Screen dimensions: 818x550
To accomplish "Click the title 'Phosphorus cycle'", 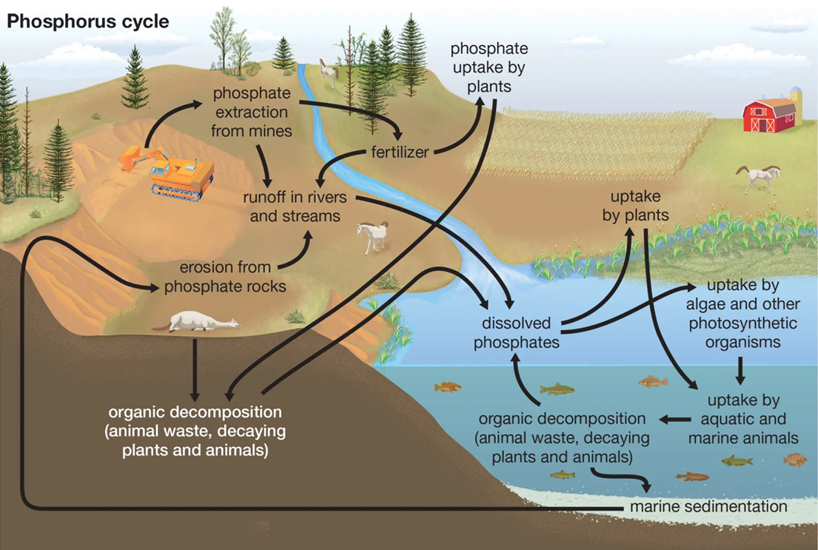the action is [x=87, y=21].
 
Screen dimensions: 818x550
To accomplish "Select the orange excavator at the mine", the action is [x=167, y=172].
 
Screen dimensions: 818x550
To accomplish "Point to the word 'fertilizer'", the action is [x=400, y=152].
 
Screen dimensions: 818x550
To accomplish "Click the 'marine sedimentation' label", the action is [x=708, y=506].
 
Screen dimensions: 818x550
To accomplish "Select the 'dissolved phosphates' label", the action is [x=516, y=332].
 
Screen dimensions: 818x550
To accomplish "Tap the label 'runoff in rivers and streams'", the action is [x=295, y=206].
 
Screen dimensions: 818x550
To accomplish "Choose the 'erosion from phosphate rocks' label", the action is [x=225, y=277].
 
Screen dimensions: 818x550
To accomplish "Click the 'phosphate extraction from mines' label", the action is [x=252, y=112].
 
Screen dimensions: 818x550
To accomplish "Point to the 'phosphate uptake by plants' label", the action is [x=489, y=67].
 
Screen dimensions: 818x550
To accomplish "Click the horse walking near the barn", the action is [x=759, y=178].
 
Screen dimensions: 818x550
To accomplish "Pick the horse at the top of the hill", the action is [x=328, y=72].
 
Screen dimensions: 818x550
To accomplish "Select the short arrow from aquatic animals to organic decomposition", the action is [x=676, y=419].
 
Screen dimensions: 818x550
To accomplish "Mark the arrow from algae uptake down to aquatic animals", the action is [x=740, y=371].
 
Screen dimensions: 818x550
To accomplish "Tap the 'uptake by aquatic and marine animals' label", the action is [x=743, y=419].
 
